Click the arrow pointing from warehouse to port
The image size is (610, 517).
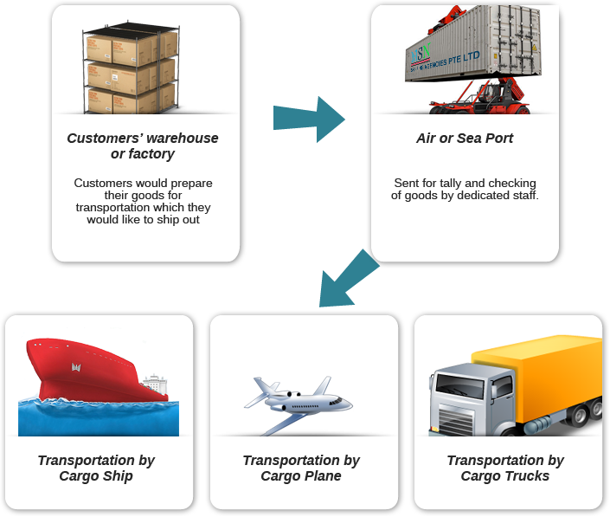coord(308,119)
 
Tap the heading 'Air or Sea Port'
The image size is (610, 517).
coord(465,139)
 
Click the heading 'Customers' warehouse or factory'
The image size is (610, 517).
coord(143,146)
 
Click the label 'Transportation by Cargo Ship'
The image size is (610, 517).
coord(96,469)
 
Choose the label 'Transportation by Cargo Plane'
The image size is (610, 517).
coord(301,469)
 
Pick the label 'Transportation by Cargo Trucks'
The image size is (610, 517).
coord(505,469)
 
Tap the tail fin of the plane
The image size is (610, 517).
coord(321,386)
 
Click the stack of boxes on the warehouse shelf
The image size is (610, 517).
coord(130,65)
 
